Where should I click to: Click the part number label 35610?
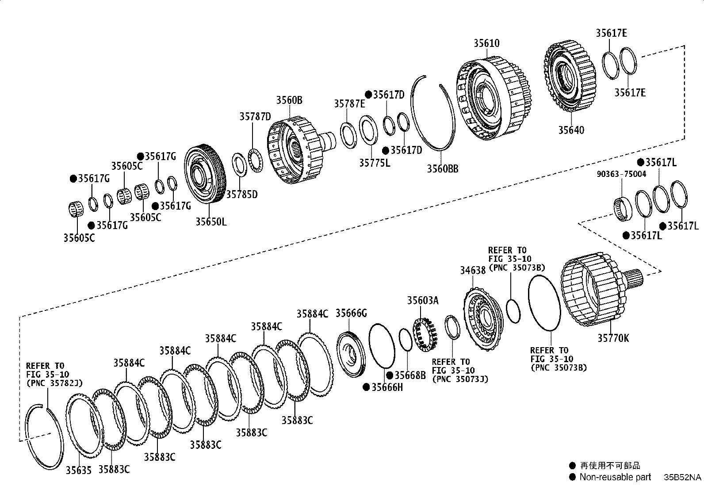[487, 43]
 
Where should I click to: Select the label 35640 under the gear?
[571, 130]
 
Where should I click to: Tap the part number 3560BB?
[442, 168]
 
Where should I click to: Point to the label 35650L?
[211, 222]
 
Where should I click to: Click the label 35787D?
[255, 117]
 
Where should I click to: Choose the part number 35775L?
[375, 163]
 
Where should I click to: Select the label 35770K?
[613, 338]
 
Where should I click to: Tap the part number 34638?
[473, 270]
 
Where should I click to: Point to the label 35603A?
[423, 301]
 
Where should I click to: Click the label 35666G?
[351, 314]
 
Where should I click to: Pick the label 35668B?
[410, 375]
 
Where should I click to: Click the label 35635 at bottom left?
[79, 470]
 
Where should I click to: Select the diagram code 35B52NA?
[681, 478]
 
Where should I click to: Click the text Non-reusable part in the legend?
[615, 477]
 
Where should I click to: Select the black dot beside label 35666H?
[366, 387]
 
